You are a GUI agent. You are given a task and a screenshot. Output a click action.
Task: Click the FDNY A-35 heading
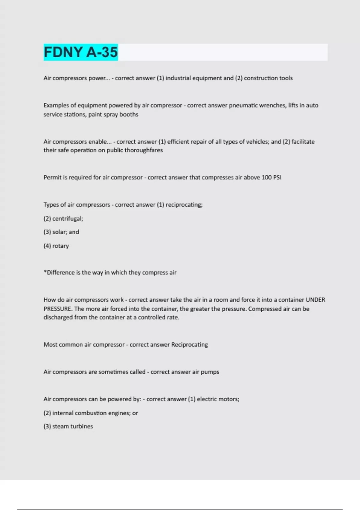point(81,52)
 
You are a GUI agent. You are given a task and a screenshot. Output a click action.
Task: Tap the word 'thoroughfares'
point(144,150)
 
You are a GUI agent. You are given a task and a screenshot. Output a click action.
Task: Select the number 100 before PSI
point(266,177)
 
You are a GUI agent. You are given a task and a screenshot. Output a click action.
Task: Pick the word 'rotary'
point(61,246)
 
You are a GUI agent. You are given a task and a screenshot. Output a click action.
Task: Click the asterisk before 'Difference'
point(45,272)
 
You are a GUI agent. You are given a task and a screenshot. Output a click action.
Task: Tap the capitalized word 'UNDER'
point(315,300)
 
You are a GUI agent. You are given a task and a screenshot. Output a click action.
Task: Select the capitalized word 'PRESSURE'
point(57,309)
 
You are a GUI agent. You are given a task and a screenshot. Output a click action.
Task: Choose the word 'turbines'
point(81,426)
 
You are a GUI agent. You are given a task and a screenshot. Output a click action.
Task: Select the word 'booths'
point(129,114)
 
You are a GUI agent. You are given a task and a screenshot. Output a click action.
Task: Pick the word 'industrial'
point(178,78)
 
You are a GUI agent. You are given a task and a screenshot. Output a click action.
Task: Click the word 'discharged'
point(58,317)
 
